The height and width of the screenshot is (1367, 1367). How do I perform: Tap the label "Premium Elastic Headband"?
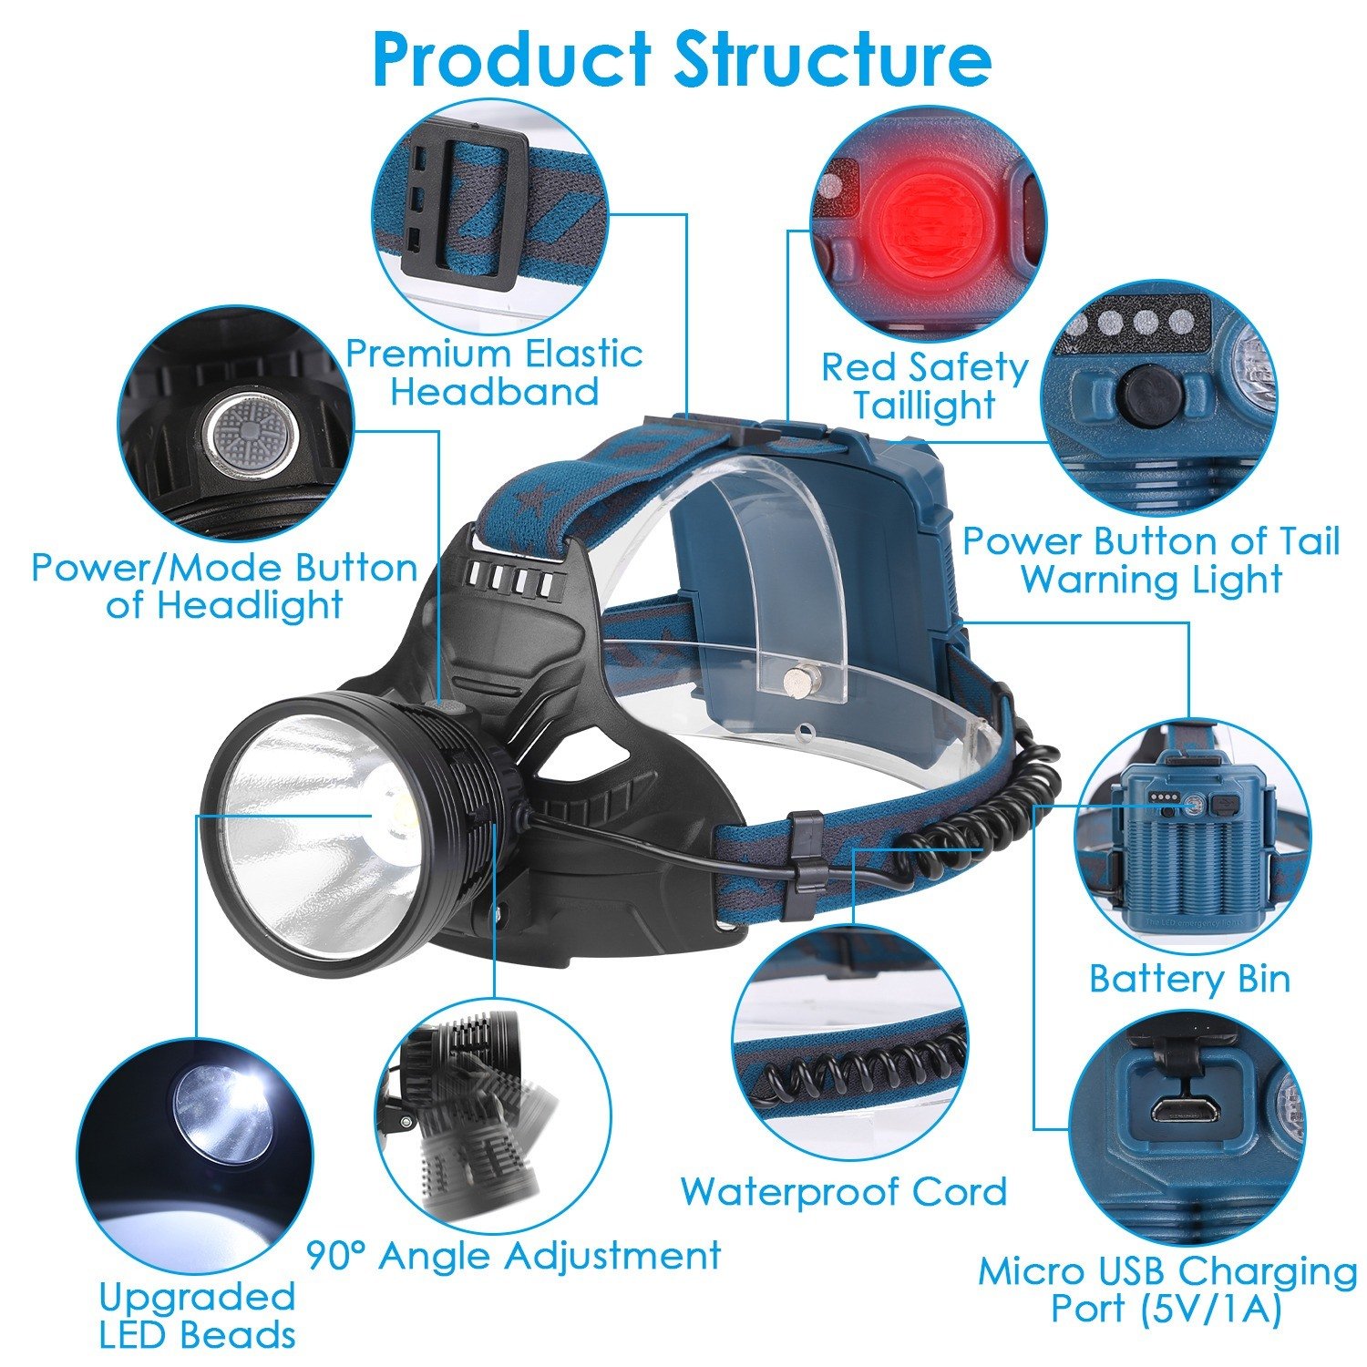(494, 372)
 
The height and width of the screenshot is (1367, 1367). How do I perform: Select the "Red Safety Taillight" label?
(924, 385)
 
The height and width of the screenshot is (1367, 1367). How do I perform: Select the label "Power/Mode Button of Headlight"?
(224, 586)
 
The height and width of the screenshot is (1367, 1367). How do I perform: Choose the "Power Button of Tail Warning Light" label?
(1151, 560)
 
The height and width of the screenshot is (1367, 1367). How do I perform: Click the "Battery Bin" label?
(1189, 980)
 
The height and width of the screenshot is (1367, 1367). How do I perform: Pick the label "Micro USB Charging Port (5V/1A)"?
(1167, 1290)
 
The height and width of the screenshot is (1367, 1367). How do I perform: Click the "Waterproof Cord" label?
(844, 1191)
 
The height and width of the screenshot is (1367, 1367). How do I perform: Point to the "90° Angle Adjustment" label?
(513, 1255)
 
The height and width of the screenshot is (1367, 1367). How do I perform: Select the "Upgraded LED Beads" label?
(197, 1315)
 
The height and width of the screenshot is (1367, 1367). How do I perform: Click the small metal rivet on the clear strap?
(799, 679)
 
